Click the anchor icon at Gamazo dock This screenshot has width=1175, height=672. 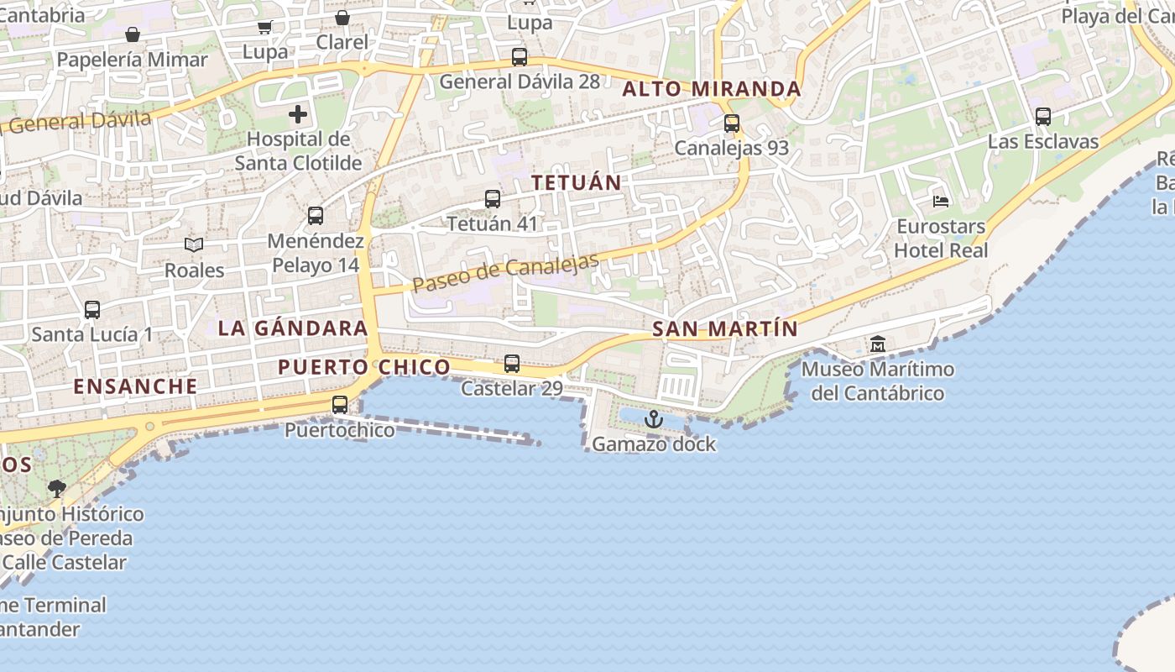(x=653, y=418)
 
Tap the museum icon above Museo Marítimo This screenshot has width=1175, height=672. (x=878, y=344)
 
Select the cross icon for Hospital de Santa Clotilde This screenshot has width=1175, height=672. (x=298, y=114)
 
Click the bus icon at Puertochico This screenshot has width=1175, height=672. (x=340, y=405)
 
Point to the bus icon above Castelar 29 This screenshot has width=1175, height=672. (x=512, y=364)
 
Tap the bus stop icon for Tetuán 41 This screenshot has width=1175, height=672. (x=493, y=199)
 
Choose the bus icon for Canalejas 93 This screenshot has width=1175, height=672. (x=732, y=123)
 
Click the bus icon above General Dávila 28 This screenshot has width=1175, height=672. (x=520, y=57)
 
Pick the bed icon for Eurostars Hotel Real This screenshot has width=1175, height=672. (x=941, y=202)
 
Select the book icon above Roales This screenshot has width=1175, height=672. (x=194, y=244)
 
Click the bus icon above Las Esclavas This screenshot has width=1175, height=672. (x=1043, y=117)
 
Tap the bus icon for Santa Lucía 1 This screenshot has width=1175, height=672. (x=92, y=309)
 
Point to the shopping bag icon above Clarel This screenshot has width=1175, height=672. (x=342, y=18)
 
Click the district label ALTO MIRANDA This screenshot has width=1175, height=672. (x=712, y=89)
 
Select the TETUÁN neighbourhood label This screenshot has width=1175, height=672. (x=577, y=182)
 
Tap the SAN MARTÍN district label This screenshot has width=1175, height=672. (x=724, y=329)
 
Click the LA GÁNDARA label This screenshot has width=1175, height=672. (x=292, y=328)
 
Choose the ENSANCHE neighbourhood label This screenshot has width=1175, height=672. (x=135, y=386)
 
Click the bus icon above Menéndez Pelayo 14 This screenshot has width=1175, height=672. (x=316, y=216)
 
